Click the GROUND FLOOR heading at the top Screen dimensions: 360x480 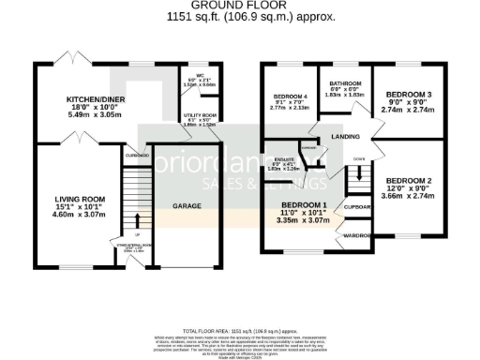pyautogui.click(x=239, y=5)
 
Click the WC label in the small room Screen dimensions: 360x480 pyautogui.click(x=199, y=77)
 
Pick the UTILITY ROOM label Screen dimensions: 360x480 pyautogui.click(x=199, y=114)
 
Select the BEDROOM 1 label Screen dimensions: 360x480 pyautogui.click(x=307, y=204)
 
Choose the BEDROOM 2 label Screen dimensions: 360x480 pyautogui.click(x=410, y=180)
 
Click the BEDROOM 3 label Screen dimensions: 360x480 pyautogui.click(x=409, y=95)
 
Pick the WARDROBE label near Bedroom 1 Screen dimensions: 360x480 pyautogui.click(x=359, y=236)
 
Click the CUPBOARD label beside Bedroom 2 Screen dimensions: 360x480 pyautogui.click(x=358, y=206)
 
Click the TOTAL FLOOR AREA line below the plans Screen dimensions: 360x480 pyautogui.click(x=239, y=332)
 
